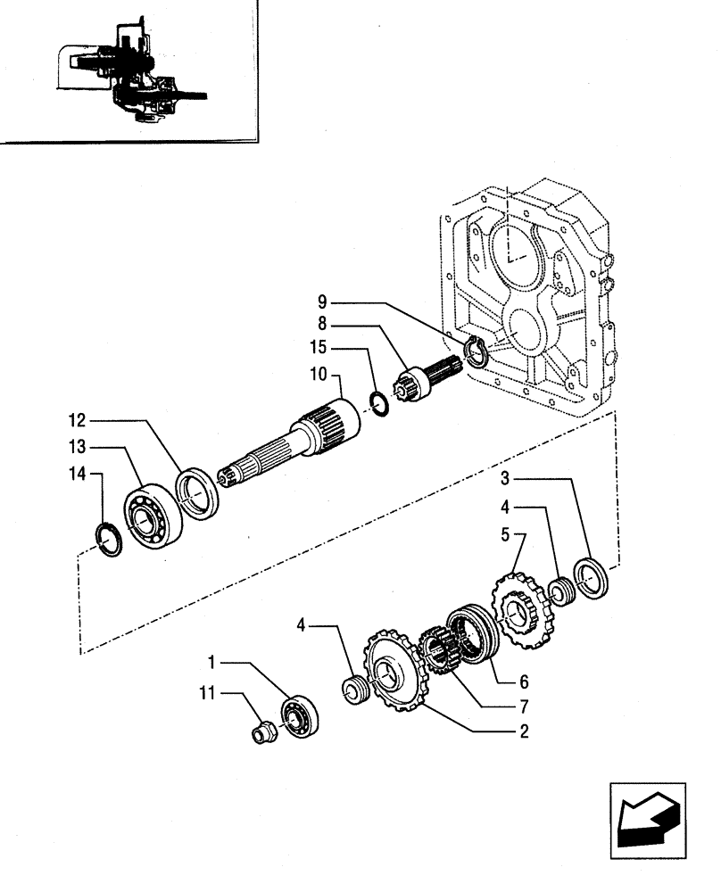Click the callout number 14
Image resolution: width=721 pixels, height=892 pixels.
click(78, 476)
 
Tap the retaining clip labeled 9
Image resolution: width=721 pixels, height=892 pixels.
click(476, 353)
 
